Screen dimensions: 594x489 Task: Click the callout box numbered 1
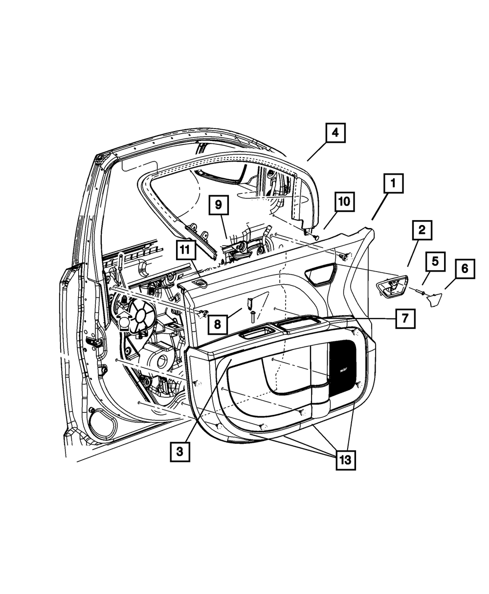click(x=393, y=185)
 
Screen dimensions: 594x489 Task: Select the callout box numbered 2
click(x=422, y=230)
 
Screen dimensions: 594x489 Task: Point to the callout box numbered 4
click(x=335, y=133)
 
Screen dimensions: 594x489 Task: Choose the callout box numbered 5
click(x=435, y=261)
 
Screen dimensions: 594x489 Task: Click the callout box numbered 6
click(x=465, y=269)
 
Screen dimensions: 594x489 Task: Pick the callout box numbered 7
click(x=405, y=318)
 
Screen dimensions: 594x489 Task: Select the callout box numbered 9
click(x=218, y=206)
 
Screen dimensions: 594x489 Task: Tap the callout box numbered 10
click(x=345, y=201)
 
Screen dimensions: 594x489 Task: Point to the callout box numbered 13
click(x=345, y=460)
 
